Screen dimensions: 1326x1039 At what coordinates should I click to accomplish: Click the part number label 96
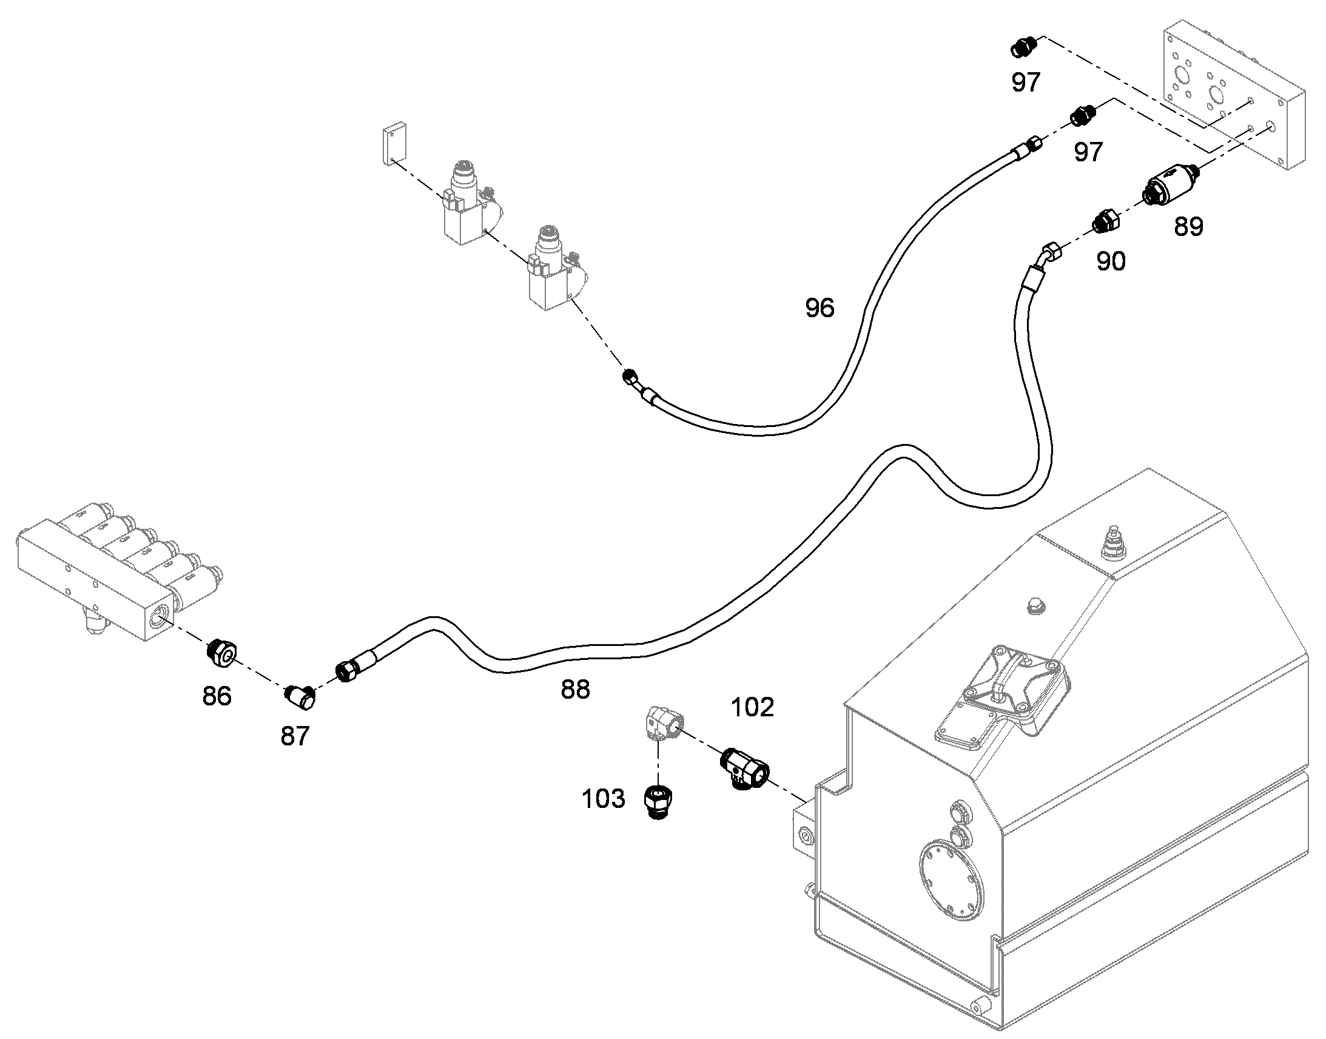819,308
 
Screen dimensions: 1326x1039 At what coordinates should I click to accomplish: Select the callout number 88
575,690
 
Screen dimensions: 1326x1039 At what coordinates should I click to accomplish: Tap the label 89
1188,227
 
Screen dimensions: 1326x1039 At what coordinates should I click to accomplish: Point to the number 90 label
1111,261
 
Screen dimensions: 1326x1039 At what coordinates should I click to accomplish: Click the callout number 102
752,707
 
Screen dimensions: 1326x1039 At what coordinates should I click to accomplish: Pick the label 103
604,799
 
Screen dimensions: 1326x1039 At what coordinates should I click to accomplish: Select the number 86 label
217,696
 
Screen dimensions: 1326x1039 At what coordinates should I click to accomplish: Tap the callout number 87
295,737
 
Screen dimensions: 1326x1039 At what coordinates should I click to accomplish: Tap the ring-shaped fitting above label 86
221,654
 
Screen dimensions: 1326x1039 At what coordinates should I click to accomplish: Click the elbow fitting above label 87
300,698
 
